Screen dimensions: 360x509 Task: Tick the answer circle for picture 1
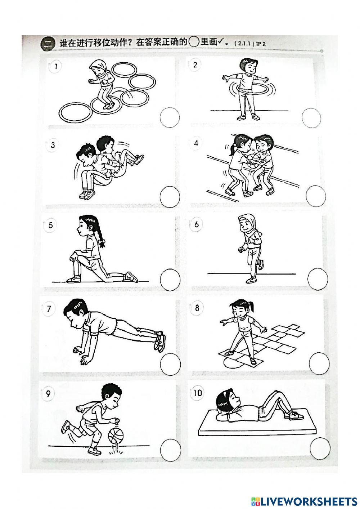click(170, 117)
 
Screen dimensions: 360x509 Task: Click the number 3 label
click(53, 145)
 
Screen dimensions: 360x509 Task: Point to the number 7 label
click(49, 309)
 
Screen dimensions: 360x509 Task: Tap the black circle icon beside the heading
click(48, 43)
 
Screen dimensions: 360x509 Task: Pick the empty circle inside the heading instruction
click(194, 42)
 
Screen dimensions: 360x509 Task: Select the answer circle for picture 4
click(316, 196)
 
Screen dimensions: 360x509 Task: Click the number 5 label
click(51, 226)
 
